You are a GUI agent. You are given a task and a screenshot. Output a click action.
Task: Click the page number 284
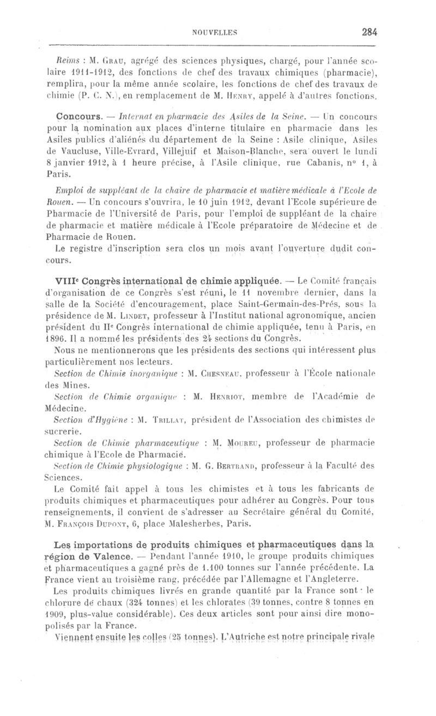tap(369, 32)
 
